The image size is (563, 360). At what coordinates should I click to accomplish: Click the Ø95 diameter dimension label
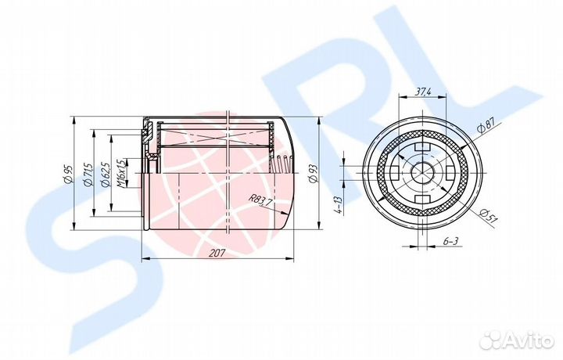click(x=67, y=174)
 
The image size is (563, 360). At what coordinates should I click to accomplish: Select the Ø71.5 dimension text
click(x=88, y=174)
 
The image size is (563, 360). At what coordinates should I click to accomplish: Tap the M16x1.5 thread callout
click(x=120, y=173)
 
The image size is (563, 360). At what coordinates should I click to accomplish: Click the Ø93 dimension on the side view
click(x=313, y=175)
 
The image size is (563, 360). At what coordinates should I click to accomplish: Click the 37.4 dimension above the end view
click(x=423, y=92)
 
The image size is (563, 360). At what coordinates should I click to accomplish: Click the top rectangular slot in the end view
click(x=423, y=146)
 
